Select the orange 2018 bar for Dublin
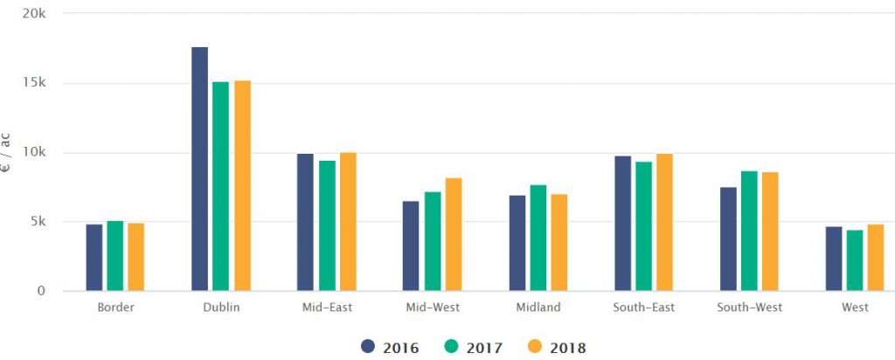point(242,185)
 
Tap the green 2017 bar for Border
point(115,255)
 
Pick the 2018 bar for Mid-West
point(454,234)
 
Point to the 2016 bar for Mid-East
point(305,222)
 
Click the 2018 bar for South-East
point(665,222)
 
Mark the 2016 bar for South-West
point(728,239)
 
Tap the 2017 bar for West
point(855,260)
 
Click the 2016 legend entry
point(390,348)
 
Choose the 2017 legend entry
point(473,348)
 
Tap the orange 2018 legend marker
point(536,348)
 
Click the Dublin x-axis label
point(220,308)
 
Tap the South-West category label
point(749,308)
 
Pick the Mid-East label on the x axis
point(326,308)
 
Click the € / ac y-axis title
point(6,154)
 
